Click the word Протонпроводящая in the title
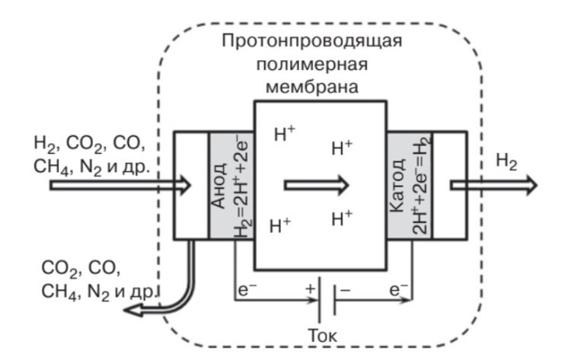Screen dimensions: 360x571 (311, 40)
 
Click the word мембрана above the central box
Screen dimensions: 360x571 (312, 85)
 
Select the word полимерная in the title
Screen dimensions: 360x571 (312, 63)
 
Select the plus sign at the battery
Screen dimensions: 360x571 (310, 288)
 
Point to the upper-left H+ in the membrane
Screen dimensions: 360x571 (284, 135)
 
